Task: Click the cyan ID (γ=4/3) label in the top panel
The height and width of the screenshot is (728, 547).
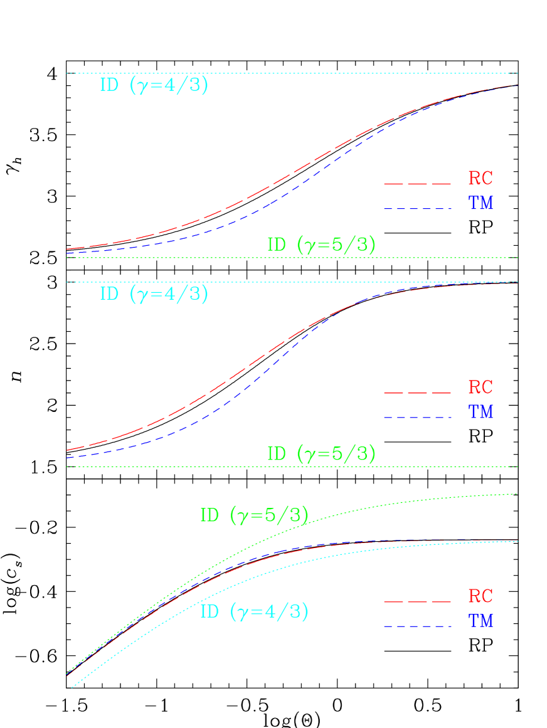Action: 154,85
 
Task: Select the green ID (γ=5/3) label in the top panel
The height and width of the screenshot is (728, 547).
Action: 321,245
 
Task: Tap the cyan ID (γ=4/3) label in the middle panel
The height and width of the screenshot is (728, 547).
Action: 154,293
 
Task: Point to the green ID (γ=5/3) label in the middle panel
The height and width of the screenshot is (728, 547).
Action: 321,453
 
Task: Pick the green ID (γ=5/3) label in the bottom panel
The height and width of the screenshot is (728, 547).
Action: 254,515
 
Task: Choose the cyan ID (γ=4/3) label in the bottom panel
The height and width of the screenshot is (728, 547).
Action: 254,611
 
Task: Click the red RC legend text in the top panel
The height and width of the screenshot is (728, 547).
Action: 481,178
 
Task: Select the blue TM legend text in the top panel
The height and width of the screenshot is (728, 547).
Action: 481,203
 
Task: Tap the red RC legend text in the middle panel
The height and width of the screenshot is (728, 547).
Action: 481,387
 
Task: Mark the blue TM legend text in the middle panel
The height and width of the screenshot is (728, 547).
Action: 481,412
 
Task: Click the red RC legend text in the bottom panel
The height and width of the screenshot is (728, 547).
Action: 481,596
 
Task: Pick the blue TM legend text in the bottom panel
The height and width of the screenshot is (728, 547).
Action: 481,621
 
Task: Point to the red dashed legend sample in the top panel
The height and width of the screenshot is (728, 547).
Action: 417,183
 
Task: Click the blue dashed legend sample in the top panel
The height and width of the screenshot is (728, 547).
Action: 417,208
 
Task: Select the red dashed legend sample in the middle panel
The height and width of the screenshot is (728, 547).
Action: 417,393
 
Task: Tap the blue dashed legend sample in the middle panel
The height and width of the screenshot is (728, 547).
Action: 417,417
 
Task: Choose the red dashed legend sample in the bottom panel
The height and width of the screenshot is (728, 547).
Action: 417,601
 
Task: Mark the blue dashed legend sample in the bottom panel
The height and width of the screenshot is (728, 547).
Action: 417,626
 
